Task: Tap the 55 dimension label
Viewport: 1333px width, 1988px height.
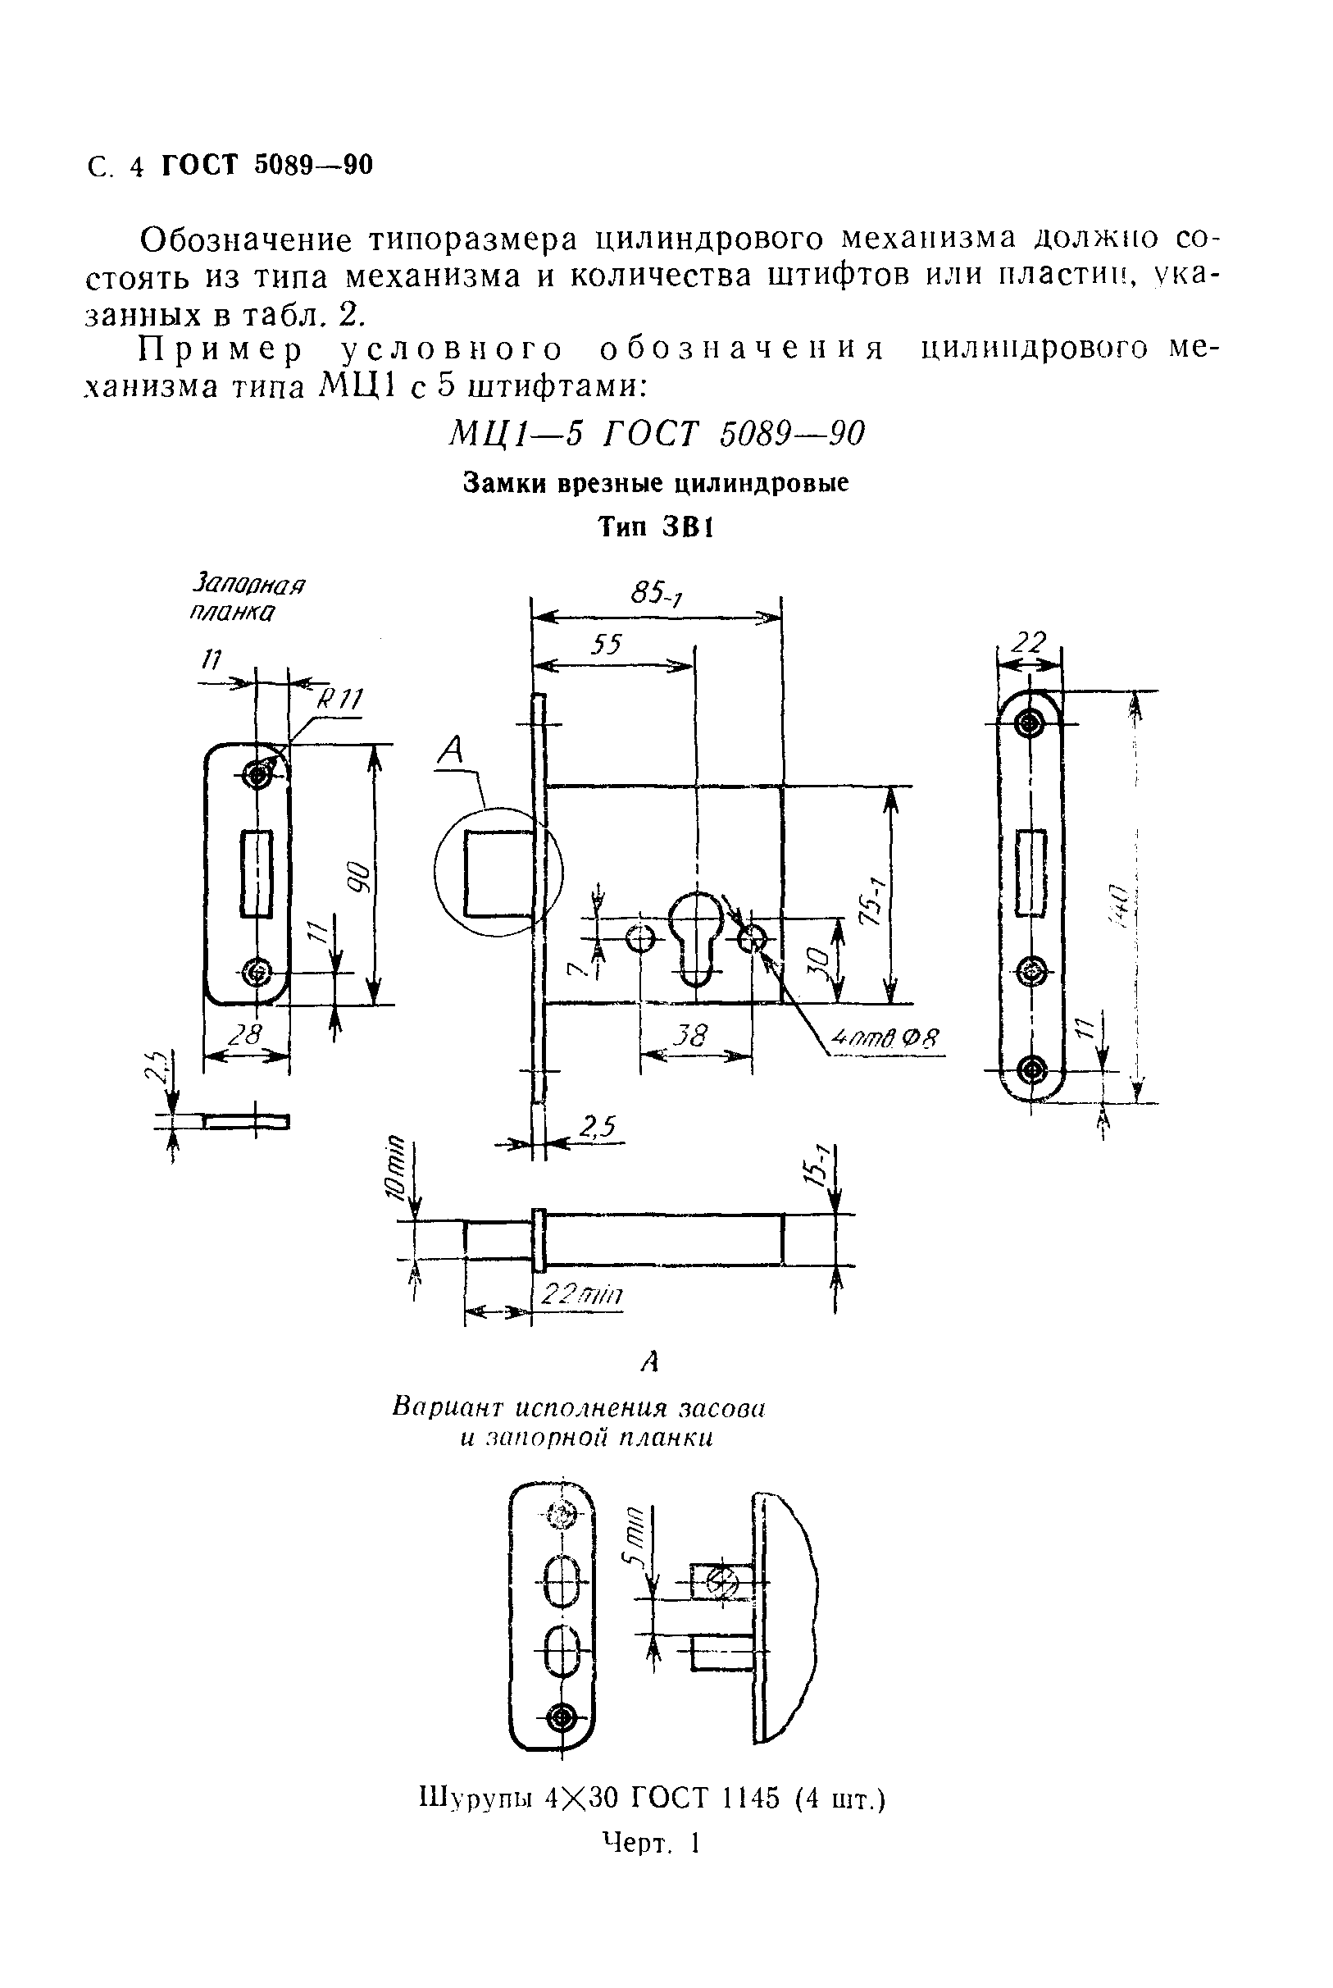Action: (606, 645)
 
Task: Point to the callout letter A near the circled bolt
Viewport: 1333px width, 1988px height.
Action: (453, 750)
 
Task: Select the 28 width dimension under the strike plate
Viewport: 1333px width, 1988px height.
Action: (247, 1035)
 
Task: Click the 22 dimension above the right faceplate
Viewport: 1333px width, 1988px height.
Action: (1028, 643)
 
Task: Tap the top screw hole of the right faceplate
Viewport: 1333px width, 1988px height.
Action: (1030, 723)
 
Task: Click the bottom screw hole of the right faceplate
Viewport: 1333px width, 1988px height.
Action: (1031, 1069)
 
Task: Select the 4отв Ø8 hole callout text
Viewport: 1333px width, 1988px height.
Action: (884, 1040)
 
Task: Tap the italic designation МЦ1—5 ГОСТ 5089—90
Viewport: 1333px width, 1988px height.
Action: (657, 435)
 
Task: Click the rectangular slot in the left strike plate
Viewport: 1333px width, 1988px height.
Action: (256, 874)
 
